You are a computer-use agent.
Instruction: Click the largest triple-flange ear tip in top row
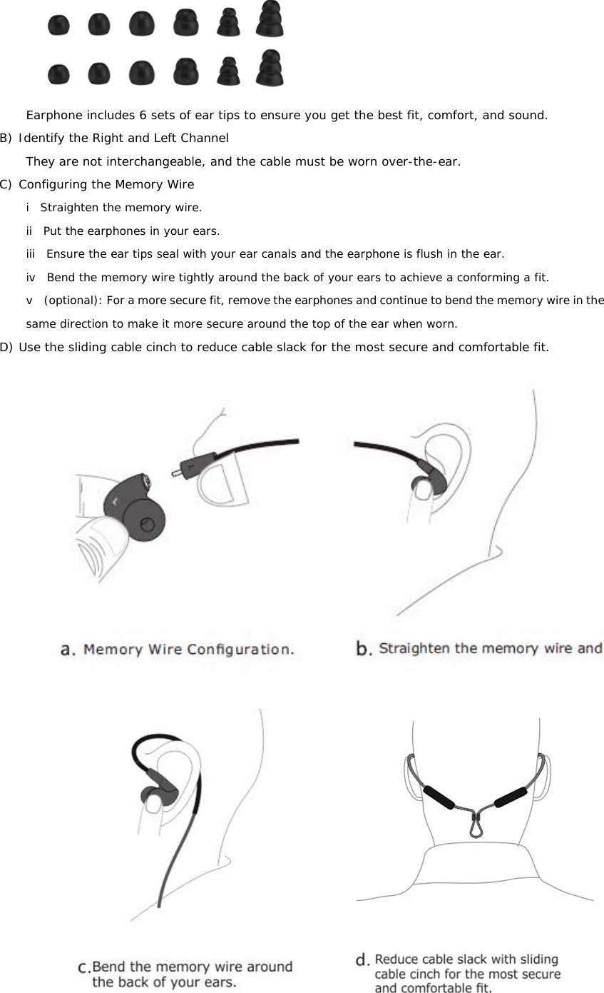coord(270,20)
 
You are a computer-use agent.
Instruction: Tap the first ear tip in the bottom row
coord(58,74)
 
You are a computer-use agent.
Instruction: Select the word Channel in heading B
coord(205,138)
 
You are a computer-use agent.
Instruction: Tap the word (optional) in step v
coord(72,301)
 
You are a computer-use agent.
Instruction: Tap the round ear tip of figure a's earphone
coord(146,525)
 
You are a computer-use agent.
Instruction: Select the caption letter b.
coord(364,649)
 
